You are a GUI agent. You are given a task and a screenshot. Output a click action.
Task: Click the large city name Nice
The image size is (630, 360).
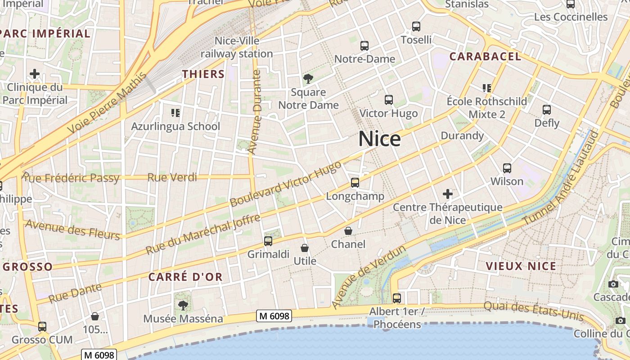379,139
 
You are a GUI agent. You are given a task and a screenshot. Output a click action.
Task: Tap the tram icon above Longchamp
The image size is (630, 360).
355,182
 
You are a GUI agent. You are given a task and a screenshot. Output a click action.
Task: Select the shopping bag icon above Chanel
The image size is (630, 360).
348,231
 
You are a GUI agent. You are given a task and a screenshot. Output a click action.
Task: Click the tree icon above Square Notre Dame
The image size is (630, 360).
308,79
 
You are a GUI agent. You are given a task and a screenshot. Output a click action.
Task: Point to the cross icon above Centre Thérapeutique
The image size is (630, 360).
448,194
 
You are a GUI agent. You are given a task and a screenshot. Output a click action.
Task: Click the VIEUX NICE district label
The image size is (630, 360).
521,266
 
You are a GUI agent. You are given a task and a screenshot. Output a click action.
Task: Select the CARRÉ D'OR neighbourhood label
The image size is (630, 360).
185,277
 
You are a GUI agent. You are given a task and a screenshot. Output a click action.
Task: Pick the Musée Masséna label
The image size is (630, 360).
183,319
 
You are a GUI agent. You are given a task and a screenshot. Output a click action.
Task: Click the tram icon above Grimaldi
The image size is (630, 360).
268,241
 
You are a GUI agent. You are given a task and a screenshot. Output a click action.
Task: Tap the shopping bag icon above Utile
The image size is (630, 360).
305,248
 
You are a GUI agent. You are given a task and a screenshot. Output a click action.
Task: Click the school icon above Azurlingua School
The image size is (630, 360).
175,112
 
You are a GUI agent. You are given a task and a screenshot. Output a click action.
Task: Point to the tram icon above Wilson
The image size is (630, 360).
507,168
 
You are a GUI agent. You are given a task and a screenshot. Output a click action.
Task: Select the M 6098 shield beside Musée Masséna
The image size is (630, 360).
274,316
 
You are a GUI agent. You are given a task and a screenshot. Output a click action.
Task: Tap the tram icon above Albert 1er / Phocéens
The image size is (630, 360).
397,298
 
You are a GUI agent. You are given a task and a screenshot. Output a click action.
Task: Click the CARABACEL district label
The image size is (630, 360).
485,56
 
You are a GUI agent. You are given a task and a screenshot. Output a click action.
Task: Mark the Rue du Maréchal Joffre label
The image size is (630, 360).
203,234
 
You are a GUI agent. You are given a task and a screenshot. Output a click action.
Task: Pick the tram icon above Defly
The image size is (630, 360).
547,109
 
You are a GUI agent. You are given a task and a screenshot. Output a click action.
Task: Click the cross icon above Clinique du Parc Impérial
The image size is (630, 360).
35,73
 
